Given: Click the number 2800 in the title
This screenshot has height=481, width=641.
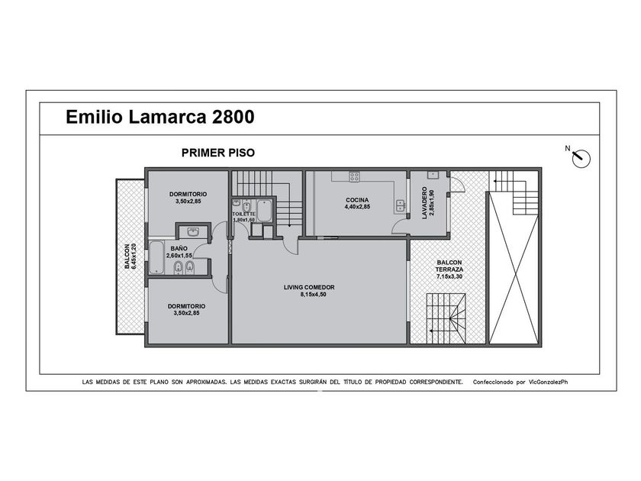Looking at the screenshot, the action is point(233,117).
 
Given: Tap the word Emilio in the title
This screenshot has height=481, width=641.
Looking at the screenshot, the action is point(95,117).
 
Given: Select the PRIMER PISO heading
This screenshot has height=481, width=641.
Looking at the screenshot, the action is point(218,153).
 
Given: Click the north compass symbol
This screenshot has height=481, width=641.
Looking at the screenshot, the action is point(581,158).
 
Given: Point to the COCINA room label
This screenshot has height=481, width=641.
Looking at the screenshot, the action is point(357,200).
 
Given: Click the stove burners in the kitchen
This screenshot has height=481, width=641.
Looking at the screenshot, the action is point(354,176).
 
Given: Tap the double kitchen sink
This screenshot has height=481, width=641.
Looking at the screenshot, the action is point(400,206).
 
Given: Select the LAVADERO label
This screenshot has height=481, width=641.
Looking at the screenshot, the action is point(425,203).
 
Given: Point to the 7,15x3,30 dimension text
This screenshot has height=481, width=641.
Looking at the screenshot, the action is point(449,277).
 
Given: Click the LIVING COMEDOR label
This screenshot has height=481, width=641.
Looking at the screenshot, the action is point(309,288).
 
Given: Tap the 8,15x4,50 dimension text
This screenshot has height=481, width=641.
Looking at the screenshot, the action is point(313,295).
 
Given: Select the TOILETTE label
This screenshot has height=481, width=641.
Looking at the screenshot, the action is point(243,215).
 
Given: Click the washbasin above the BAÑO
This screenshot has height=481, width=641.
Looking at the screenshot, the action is point(193,232).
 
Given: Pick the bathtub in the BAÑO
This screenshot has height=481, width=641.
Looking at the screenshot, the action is point(156,258).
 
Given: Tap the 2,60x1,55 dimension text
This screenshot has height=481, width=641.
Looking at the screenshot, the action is point(179,256).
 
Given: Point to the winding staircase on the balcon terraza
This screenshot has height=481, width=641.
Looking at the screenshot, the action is point(446,318).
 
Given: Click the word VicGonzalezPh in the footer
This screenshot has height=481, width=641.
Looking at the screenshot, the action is point(548,383).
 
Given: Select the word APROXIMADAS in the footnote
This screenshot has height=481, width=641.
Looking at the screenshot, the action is point(207,383).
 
